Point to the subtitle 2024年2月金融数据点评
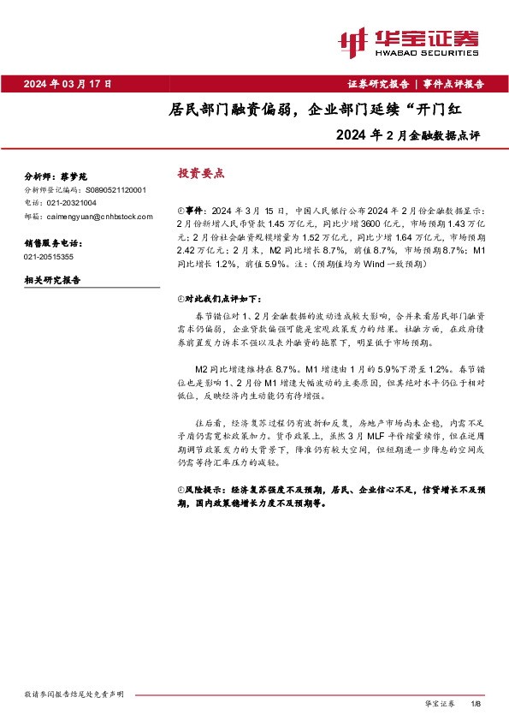coord(410,134)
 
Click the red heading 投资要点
coord(200,172)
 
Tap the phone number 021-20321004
coord(72,202)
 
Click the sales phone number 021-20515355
coord(49,256)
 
